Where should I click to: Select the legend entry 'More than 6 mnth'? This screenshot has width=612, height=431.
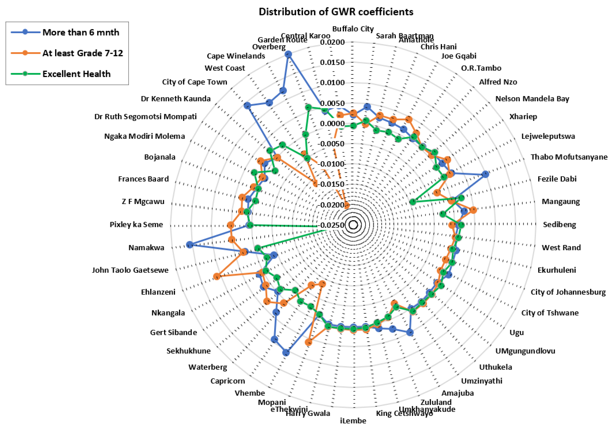pos(80,32)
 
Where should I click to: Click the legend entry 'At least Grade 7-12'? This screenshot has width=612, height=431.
pos(83,53)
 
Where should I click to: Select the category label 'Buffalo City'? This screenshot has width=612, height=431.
pos(353,29)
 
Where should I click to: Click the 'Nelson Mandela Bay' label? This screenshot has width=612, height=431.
pos(532,99)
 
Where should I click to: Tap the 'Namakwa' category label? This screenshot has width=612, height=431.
pos(146,248)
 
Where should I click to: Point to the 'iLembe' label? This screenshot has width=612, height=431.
pos(353,421)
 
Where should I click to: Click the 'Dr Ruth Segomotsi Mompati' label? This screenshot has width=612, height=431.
pos(145,116)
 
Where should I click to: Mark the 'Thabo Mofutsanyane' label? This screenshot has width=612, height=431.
pos(569,157)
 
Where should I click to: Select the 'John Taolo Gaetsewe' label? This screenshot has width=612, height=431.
pos(130,270)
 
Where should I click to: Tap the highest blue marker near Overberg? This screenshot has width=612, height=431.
pos(288,54)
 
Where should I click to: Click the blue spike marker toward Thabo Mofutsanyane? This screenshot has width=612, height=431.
pos(485,174)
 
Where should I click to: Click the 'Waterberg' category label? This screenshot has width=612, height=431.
pos(208,367)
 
